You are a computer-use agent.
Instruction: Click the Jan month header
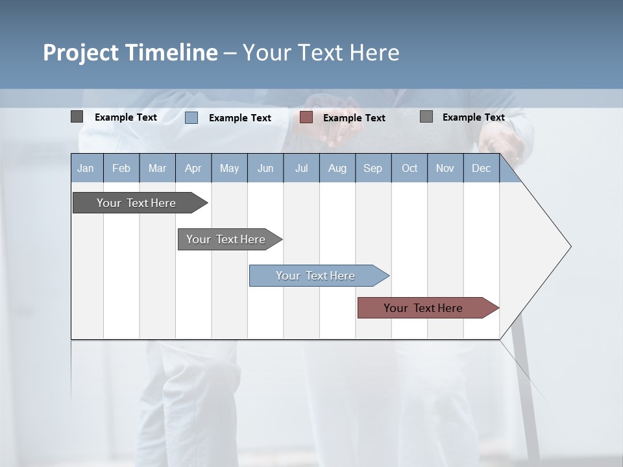tap(86, 168)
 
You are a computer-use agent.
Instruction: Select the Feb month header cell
tap(121, 168)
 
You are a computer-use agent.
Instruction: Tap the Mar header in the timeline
tap(157, 168)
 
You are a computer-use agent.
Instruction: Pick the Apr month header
tap(193, 168)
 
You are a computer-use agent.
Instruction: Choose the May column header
tap(229, 168)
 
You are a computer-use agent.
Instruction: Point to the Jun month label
tap(265, 168)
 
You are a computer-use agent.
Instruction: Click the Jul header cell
tap(301, 168)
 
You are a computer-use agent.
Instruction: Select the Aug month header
tap(337, 168)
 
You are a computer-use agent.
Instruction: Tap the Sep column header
tap(373, 168)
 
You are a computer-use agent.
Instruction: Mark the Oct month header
tap(409, 168)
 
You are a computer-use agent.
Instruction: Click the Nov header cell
tap(445, 168)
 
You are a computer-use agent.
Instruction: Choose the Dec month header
tap(482, 168)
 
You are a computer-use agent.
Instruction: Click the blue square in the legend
tap(191, 117)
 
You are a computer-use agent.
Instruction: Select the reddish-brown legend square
tap(306, 117)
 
